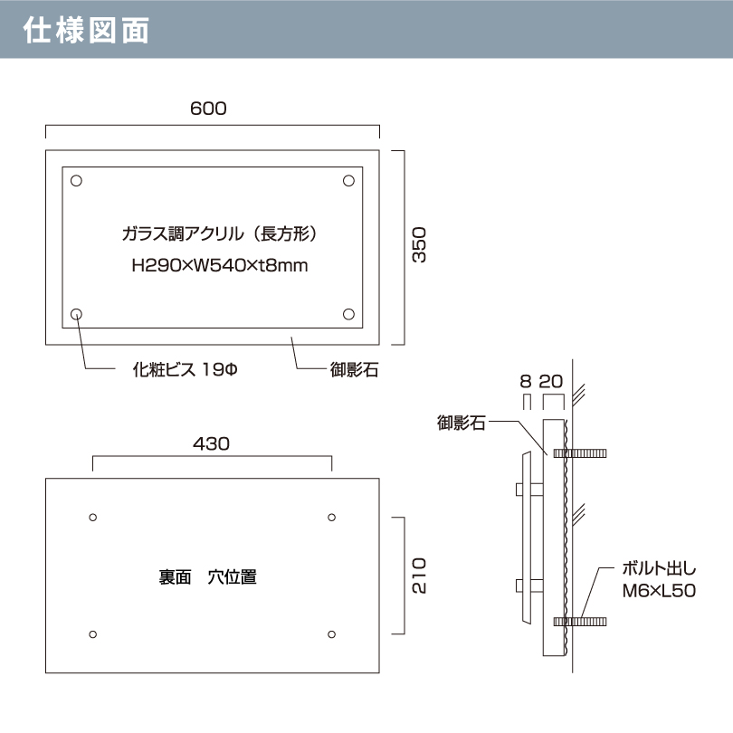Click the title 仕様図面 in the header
click(x=86, y=30)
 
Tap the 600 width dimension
click(x=208, y=109)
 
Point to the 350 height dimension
click(x=419, y=245)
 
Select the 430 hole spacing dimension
click(x=211, y=443)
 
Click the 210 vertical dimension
click(x=419, y=576)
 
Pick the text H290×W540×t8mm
click(x=220, y=265)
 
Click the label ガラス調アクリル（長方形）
click(x=219, y=233)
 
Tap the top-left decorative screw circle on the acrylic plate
click(x=76, y=180)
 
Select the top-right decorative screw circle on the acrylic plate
click(x=348, y=180)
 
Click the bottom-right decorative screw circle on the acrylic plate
click(x=348, y=314)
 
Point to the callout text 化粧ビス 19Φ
click(x=186, y=370)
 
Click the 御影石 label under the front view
click(x=355, y=370)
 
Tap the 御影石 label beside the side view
click(x=461, y=423)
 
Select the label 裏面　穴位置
click(x=207, y=577)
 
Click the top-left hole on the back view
click(x=93, y=518)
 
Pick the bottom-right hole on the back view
click(x=332, y=634)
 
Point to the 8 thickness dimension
click(x=526, y=382)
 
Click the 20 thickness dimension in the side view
click(x=551, y=382)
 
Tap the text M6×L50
click(x=659, y=591)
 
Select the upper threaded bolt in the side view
click(x=580, y=453)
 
